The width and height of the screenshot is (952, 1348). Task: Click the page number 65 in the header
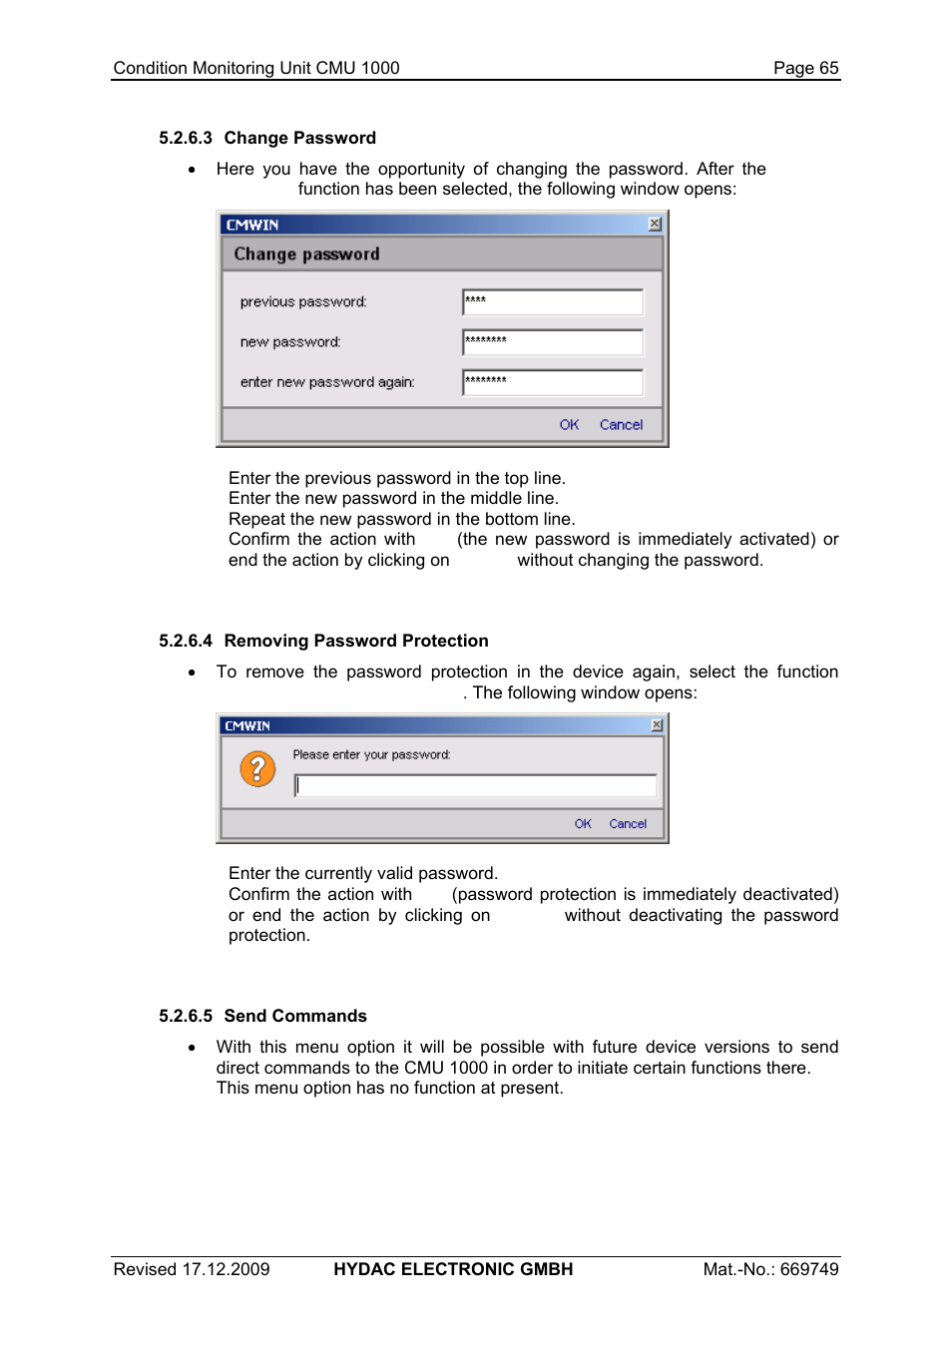[828, 68]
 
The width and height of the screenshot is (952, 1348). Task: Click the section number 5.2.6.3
[186, 138]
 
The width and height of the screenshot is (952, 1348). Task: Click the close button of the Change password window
[655, 225]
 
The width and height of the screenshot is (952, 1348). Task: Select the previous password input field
[553, 301]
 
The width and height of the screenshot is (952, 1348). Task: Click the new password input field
[553, 342]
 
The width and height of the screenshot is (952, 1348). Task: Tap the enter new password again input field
[553, 382]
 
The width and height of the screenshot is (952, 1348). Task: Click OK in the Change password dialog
[569, 425]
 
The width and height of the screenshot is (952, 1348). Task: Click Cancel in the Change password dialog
[621, 425]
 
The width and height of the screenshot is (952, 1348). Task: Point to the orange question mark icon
[257, 768]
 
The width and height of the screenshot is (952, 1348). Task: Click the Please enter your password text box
[475, 786]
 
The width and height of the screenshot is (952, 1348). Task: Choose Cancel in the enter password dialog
[628, 824]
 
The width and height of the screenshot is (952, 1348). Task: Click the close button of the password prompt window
[657, 725]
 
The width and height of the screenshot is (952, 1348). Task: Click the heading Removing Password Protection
[356, 641]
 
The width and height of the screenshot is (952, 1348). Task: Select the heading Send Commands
[295, 1016]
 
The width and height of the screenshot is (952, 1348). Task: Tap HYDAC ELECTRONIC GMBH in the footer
[453, 1269]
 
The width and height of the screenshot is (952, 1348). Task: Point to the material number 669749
[809, 1269]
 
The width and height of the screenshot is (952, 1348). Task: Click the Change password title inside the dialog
[306, 254]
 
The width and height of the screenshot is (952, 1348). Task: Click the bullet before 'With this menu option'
[192, 1048]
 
